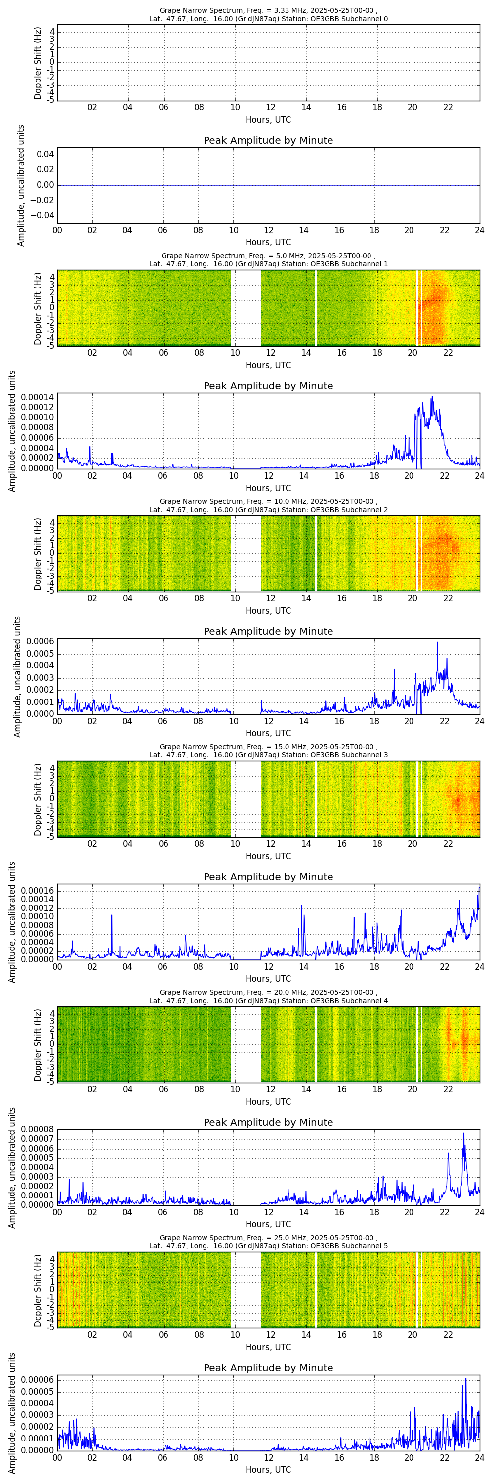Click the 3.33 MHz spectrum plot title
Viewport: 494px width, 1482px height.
[x=268, y=14]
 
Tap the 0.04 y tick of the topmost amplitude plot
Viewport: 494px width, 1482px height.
[x=45, y=154]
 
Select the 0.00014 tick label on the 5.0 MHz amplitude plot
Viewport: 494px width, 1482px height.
[x=38, y=398]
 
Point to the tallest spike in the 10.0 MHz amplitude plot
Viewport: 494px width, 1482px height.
[x=437, y=643]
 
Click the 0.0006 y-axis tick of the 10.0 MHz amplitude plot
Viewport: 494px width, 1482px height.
[x=39, y=642]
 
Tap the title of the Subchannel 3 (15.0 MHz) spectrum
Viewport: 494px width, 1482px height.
[x=268, y=751]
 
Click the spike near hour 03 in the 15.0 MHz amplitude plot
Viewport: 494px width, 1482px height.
[x=112, y=915]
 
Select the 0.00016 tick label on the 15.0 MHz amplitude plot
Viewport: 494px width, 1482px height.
[x=38, y=891]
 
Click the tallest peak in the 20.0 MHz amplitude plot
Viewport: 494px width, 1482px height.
[x=463, y=1133]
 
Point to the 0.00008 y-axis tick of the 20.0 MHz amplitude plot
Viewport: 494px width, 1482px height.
[x=38, y=1129]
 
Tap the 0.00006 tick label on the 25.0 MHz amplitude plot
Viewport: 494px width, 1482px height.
[x=38, y=1380]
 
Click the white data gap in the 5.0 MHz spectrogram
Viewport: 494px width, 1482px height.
[x=246, y=308]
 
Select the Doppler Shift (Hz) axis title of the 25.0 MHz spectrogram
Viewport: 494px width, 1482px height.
[x=38, y=1290]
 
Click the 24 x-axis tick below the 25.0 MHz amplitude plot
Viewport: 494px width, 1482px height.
[x=479, y=1458]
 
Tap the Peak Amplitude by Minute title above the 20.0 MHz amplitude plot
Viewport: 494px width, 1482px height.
[x=268, y=1122]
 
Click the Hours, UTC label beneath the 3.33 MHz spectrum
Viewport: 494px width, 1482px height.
[x=268, y=120]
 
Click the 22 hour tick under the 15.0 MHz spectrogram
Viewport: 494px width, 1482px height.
[x=448, y=844]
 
